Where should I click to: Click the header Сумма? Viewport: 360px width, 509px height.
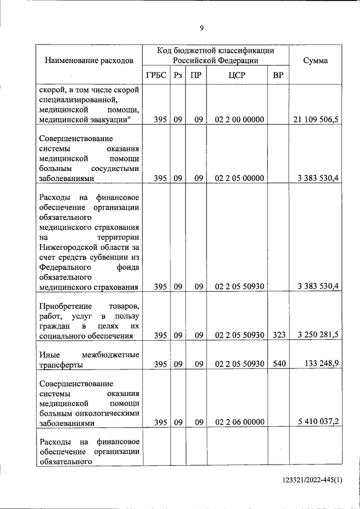click(316, 61)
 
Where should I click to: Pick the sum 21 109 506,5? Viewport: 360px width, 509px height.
click(316, 119)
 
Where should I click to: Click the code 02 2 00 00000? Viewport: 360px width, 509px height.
click(239, 119)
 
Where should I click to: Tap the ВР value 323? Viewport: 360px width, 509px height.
click(278, 336)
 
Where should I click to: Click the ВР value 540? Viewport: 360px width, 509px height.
click(278, 364)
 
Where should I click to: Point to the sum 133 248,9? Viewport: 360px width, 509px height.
click(320, 364)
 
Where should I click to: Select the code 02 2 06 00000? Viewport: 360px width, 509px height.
click(239, 422)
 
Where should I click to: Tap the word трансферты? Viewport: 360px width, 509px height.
click(62, 365)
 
